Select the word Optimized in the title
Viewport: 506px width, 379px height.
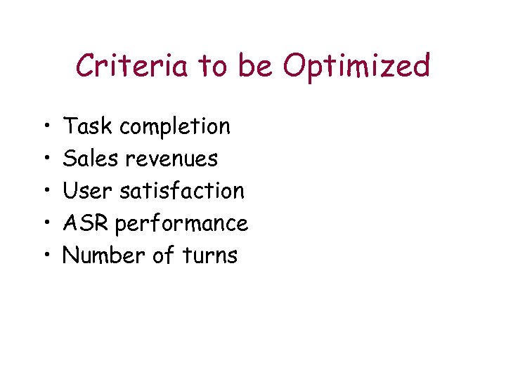pyautogui.click(x=356, y=67)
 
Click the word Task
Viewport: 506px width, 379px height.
pyautogui.click(x=88, y=126)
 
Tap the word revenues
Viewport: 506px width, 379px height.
pyautogui.click(x=171, y=159)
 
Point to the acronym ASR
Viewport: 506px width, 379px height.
pyautogui.click(x=86, y=223)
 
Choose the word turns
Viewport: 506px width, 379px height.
pyautogui.click(x=210, y=255)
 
